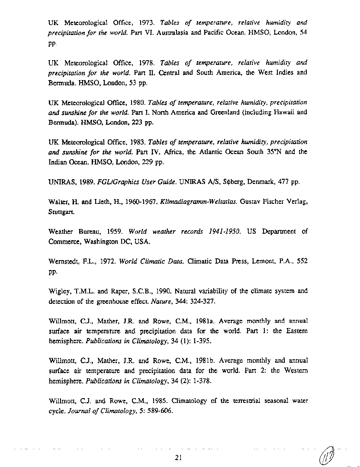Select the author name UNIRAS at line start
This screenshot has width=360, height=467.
(61, 182)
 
